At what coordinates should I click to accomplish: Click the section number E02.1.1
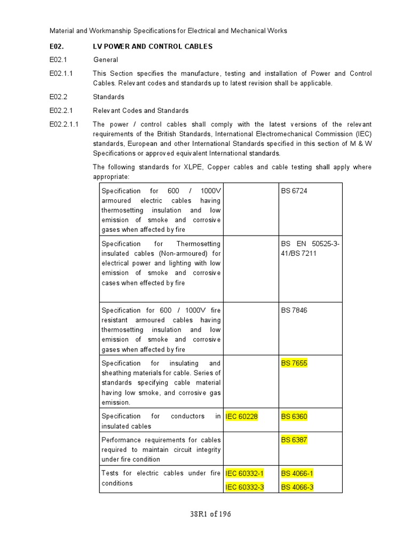coord(61,73)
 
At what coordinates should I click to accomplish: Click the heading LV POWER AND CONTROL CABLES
coord(153,46)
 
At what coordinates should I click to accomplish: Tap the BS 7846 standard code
coord(294,310)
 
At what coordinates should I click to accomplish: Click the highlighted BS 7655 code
coord(294,363)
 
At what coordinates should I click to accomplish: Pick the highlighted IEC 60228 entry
coord(242,417)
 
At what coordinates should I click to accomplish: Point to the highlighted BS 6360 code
coord(294,417)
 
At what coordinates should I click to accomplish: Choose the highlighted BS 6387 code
coord(294,440)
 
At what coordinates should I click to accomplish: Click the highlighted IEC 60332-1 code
coord(245,473)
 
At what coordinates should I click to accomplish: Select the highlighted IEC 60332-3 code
coord(245,487)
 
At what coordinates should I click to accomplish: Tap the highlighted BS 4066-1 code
coord(297,473)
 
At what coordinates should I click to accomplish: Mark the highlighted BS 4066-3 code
coord(297,487)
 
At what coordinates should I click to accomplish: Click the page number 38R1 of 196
coord(210,514)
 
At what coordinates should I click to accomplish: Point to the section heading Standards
coord(108,97)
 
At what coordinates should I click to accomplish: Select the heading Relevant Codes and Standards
coord(140,111)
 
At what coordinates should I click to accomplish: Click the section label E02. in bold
coord(57,46)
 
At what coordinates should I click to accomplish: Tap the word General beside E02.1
coord(106,60)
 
